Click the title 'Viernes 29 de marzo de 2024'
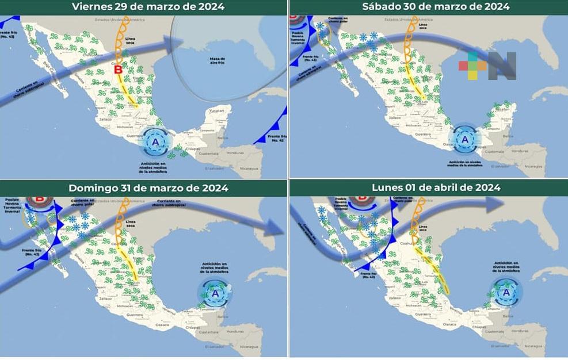click(x=148, y=7)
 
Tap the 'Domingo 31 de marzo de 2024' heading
click(x=148, y=188)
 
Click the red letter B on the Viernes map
click(x=118, y=70)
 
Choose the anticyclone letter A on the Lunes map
click(x=506, y=292)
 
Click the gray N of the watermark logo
click(x=502, y=66)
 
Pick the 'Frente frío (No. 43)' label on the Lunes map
click(x=369, y=275)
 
